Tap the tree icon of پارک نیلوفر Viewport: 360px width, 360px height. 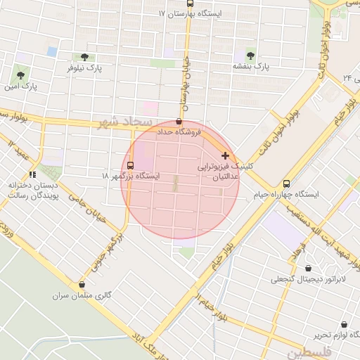[x=84, y=57]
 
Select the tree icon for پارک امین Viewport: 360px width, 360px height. [x=19, y=75]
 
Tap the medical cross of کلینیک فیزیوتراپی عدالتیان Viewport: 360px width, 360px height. [x=225, y=155]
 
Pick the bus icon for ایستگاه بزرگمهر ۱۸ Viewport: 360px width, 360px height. [x=130, y=165]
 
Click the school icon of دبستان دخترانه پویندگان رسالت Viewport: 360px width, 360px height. [x=32, y=174]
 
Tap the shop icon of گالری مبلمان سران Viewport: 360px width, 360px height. [x=83, y=285]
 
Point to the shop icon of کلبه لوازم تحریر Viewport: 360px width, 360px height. [x=344, y=325]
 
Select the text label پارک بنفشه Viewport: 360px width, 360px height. [x=251, y=67]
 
